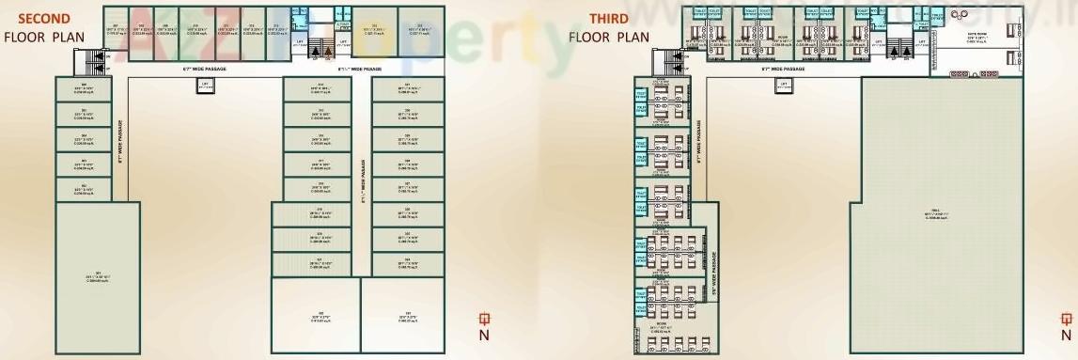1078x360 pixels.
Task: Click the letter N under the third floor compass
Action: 1065,335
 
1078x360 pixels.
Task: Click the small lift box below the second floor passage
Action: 205,85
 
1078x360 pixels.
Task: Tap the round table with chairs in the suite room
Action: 962,14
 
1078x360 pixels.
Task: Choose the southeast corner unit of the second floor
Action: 407,316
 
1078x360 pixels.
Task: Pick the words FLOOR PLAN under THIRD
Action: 608,37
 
